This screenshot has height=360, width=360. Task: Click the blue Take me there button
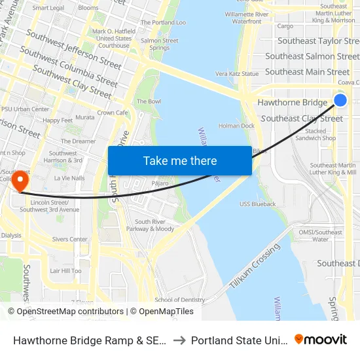click(180, 160)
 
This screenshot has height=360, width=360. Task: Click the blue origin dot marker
click(340, 99)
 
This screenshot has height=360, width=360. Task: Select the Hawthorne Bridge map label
click(292, 103)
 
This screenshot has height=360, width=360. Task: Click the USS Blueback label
click(257, 204)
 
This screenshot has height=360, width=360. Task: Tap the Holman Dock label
click(236, 126)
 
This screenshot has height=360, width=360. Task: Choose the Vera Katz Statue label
click(237, 74)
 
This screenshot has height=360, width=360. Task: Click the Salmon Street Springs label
click(159, 44)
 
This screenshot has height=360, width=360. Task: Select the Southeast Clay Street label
click(302, 118)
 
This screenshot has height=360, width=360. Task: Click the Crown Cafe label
click(113, 113)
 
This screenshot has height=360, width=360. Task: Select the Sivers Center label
click(69, 240)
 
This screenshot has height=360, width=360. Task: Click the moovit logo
click(321, 339)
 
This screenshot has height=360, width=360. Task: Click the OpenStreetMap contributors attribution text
click(70, 312)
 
